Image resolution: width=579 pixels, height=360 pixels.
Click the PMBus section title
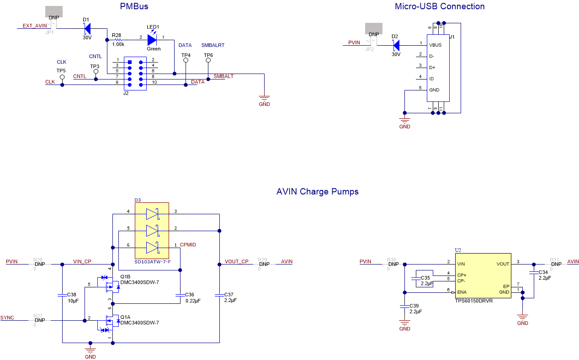(134, 6)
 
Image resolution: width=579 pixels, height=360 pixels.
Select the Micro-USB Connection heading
(439, 6)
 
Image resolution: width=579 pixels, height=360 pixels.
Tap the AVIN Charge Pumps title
(317, 191)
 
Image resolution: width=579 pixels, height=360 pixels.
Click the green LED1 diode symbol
(152, 40)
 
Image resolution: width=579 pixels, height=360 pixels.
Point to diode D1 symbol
(88, 29)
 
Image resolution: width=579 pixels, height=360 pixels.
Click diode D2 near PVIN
(396, 45)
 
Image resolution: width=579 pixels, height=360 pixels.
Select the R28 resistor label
(116, 35)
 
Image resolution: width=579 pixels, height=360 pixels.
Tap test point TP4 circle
(186, 60)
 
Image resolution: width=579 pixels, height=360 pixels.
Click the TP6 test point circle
(208, 60)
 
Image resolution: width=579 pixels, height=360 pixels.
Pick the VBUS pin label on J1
(435, 45)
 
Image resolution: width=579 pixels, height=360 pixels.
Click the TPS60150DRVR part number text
(473, 301)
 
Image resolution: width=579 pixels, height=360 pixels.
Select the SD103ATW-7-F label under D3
(152, 262)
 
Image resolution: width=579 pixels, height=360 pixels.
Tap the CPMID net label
(188, 245)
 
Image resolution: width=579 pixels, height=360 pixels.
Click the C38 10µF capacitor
(62, 295)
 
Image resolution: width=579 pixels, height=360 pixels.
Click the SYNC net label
(7, 317)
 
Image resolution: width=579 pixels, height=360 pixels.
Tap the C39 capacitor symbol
(404, 305)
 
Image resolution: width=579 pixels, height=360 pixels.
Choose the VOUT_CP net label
(236, 262)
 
